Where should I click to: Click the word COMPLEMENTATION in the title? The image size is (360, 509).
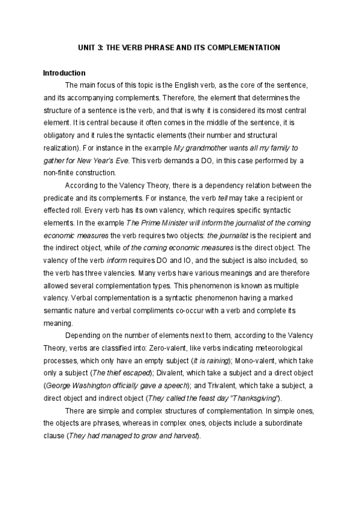tap(245, 46)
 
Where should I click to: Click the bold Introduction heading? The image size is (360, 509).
tap(64, 73)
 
